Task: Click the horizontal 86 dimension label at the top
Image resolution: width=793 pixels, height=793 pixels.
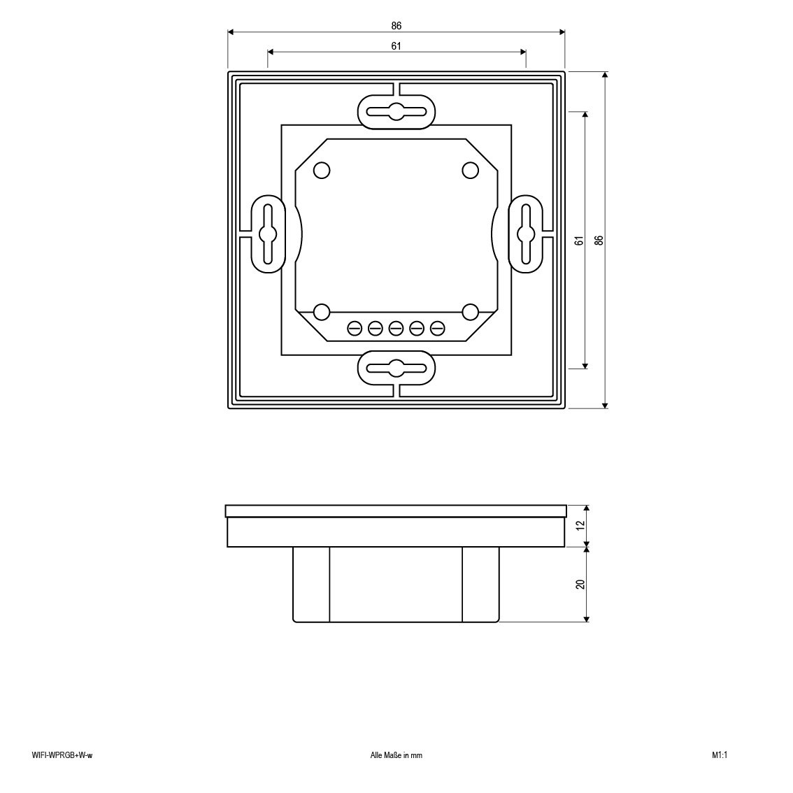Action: (x=396, y=25)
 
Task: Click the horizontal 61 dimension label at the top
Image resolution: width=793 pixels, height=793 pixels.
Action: (x=396, y=46)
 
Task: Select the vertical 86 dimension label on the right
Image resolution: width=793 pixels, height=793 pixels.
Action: (x=599, y=241)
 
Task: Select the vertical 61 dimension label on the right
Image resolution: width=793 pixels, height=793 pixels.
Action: (x=580, y=241)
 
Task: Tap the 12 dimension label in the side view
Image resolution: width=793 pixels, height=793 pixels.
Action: (x=580, y=525)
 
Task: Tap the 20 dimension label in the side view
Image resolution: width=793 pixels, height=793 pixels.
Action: (x=580, y=584)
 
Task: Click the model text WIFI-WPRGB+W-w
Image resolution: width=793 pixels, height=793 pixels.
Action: (x=62, y=755)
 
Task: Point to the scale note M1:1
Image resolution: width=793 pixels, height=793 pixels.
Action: (x=720, y=755)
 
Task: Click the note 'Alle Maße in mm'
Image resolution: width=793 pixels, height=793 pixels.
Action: (x=396, y=755)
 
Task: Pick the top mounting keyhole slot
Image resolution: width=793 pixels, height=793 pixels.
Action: (x=396, y=112)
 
